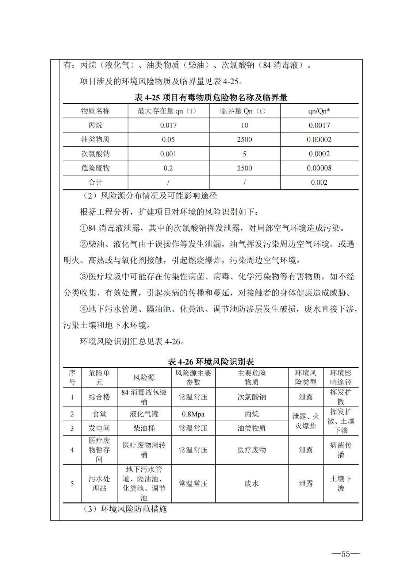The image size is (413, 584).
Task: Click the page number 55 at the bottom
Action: pyautogui.click(x=345, y=554)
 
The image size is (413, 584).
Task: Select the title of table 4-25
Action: pyautogui.click(x=211, y=97)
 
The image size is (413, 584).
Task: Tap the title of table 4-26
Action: pyautogui.click(x=211, y=361)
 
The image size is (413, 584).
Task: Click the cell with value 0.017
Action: pyautogui.click(x=168, y=125)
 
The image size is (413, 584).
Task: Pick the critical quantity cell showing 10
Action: pyautogui.click(x=244, y=125)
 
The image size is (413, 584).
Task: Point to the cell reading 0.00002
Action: pyautogui.click(x=319, y=139)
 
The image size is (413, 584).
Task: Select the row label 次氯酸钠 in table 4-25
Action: pyautogui.click(x=95, y=154)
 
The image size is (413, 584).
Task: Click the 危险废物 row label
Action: pyautogui.click(x=95, y=168)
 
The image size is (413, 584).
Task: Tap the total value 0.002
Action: pyautogui.click(x=319, y=182)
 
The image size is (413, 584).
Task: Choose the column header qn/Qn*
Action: pyautogui.click(x=319, y=111)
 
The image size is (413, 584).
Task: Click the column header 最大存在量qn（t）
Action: pyautogui.click(x=168, y=111)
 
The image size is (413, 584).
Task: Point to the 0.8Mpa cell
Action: pyautogui.click(x=193, y=414)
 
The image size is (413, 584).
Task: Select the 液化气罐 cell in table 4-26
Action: pyautogui.click(x=144, y=414)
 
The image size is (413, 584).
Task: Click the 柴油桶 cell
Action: pyautogui.click(x=144, y=428)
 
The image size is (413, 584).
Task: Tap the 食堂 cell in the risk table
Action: pyautogui.click(x=99, y=414)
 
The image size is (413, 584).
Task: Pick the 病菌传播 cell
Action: pyautogui.click(x=341, y=450)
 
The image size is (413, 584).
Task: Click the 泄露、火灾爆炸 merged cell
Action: pyautogui.click(x=306, y=421)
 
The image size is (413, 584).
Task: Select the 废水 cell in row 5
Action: pyautogui.click(x=252, y=484)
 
